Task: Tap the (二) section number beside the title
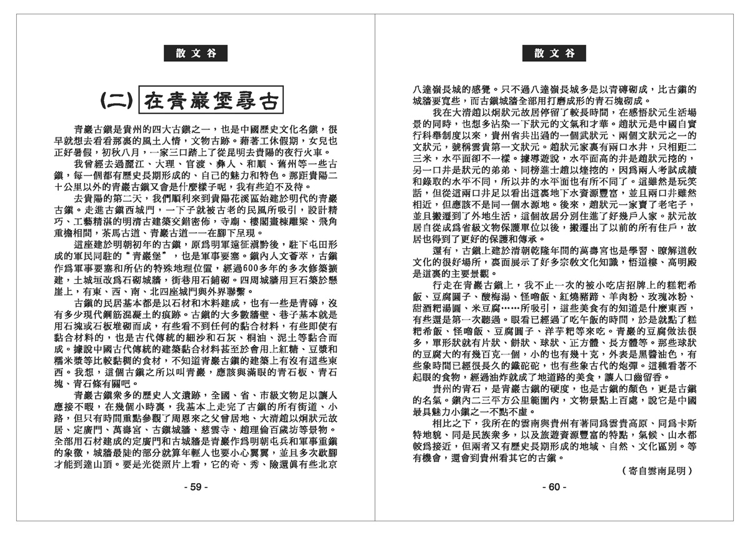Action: pyautogui.click(x=116, y=100)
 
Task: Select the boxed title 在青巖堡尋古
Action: pyautogui.click(x=209, y=100)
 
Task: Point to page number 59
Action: pyautogui.click(x=196, y=487)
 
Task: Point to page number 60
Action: pyautogui.click(x=554, y=487)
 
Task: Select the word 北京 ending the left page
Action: pyautogui.click(x=327, y=464)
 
